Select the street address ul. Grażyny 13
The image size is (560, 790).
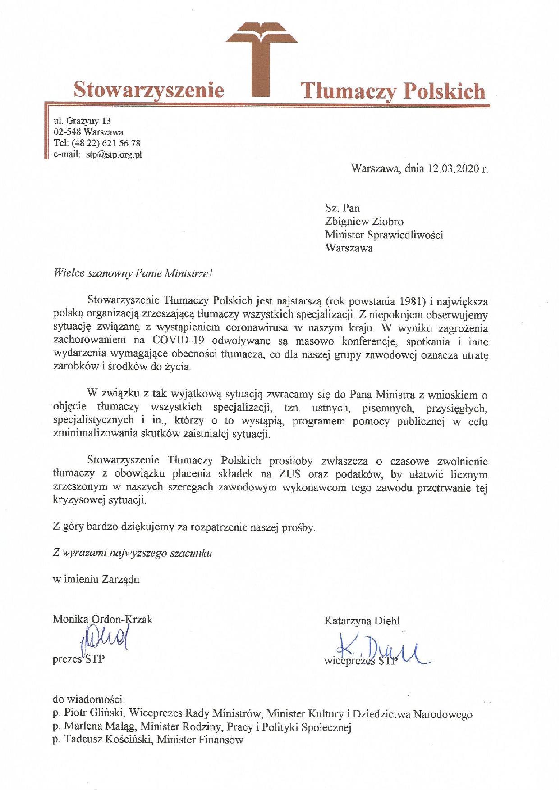[82, 121]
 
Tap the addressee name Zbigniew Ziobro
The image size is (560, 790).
[364, 222]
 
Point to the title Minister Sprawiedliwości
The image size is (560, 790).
[384, 235]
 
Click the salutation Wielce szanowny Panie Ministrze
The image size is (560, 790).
[131, 273]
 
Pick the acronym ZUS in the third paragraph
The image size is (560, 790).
[291, 474]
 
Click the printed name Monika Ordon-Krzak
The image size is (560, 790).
[102, 619]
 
